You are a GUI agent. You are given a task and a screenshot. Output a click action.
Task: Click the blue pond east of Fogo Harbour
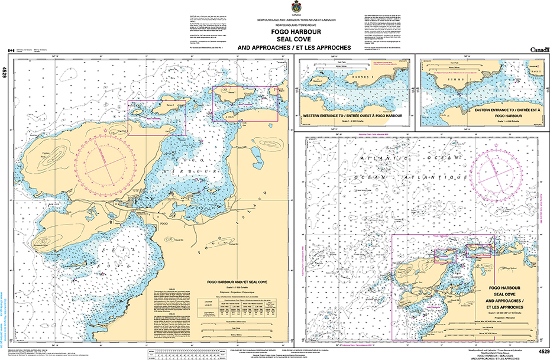click(x=258, y=155)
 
